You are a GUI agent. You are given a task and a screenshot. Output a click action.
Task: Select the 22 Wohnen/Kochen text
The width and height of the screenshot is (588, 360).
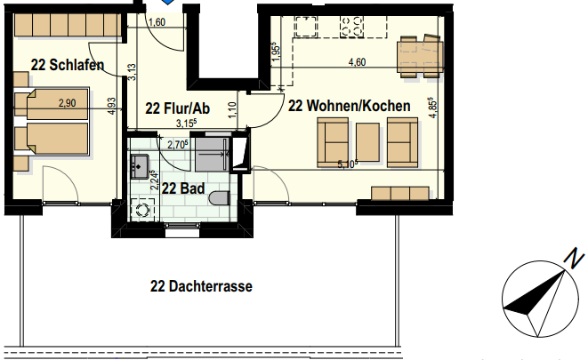350,106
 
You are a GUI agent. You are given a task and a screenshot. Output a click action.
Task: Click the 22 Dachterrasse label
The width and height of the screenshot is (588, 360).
201,287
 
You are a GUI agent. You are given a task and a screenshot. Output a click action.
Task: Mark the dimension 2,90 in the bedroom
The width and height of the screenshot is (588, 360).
68,104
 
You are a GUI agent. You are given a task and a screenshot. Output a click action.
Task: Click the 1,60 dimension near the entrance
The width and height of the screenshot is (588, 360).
157,23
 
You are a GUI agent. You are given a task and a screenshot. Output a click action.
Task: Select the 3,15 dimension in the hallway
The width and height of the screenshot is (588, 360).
185,124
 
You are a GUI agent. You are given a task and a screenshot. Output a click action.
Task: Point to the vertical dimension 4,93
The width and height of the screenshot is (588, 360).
110,106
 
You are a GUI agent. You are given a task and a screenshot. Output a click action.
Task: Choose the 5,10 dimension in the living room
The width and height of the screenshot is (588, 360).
348,164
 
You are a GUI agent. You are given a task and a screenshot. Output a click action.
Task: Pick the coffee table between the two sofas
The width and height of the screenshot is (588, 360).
368,140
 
